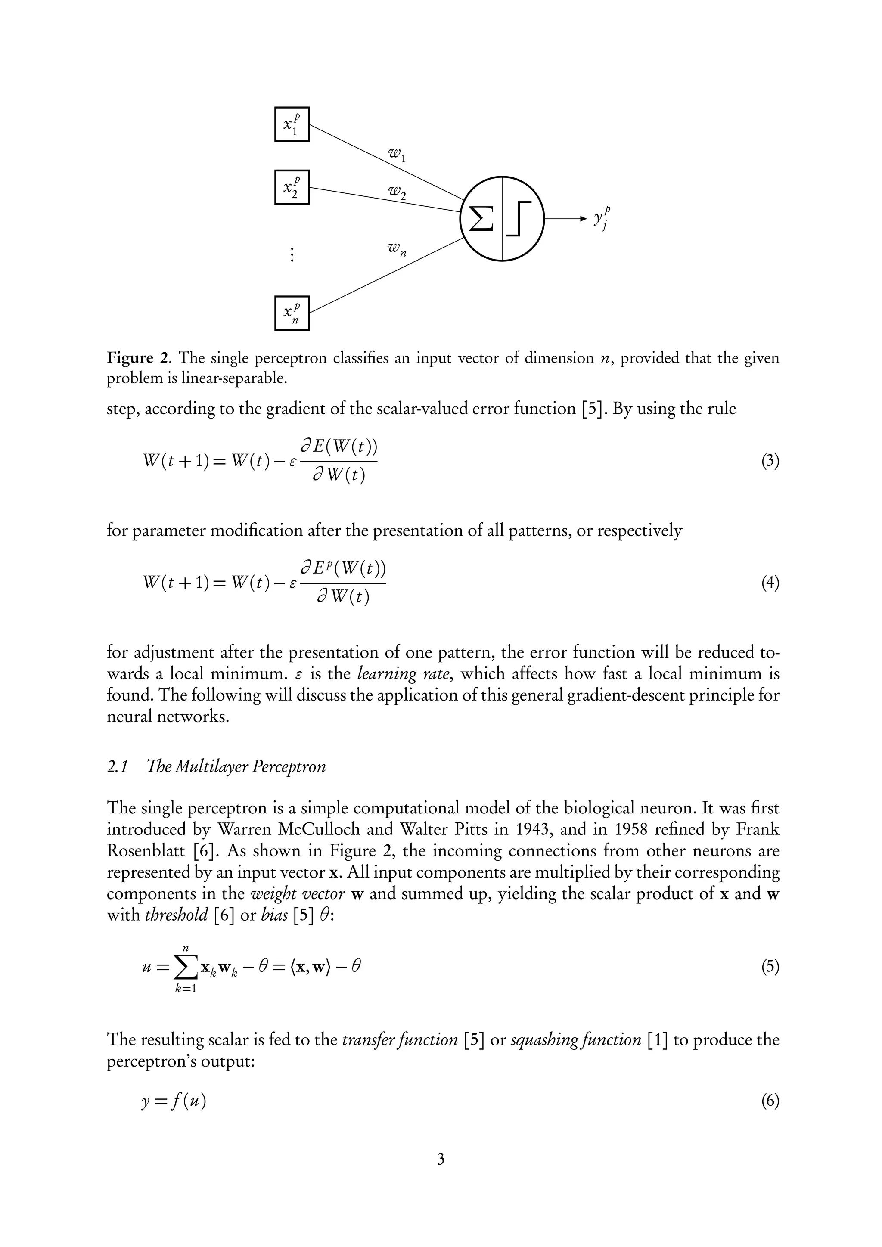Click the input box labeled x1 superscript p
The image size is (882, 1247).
pyautogui.click(x=292, y=124)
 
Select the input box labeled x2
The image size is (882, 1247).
pyautogui.click(x=292, y=187)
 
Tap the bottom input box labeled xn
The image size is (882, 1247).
pyautogui.click(x=292, y=313)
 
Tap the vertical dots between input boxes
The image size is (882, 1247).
pyautogui.click(x=292, y=254)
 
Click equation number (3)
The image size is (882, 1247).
pyautogui.click(x=770, y=461)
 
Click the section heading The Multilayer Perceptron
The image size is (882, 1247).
pyautogui.click(x=236, y=767)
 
